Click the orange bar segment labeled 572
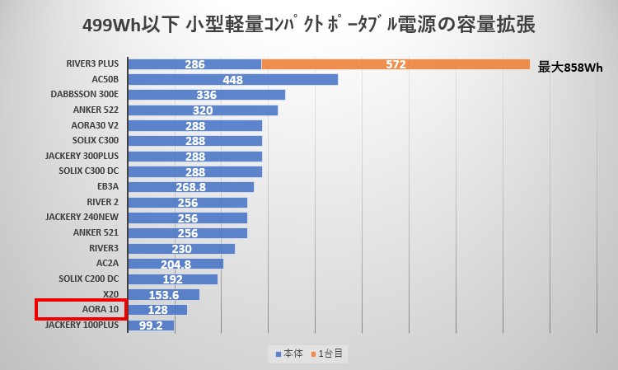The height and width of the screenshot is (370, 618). coord(396,64)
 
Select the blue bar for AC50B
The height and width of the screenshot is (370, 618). coord(233,80)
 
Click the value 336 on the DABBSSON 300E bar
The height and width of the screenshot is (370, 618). coord(207,95)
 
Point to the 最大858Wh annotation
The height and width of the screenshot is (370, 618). coord(570,68)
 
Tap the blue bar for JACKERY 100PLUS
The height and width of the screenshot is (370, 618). coord(152,326)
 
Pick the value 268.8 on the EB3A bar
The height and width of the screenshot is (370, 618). coord(191,187)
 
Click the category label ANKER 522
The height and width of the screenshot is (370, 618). coord(96,110)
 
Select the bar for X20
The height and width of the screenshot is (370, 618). coord(164,295)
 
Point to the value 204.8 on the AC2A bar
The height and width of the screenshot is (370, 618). coord(176,264)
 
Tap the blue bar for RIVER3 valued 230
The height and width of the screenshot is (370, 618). coord(182,248)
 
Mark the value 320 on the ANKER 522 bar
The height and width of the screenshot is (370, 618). coord(203,110)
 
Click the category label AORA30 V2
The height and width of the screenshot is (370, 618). coord(95,125)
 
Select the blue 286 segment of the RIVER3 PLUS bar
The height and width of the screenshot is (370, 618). coord(195,64)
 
